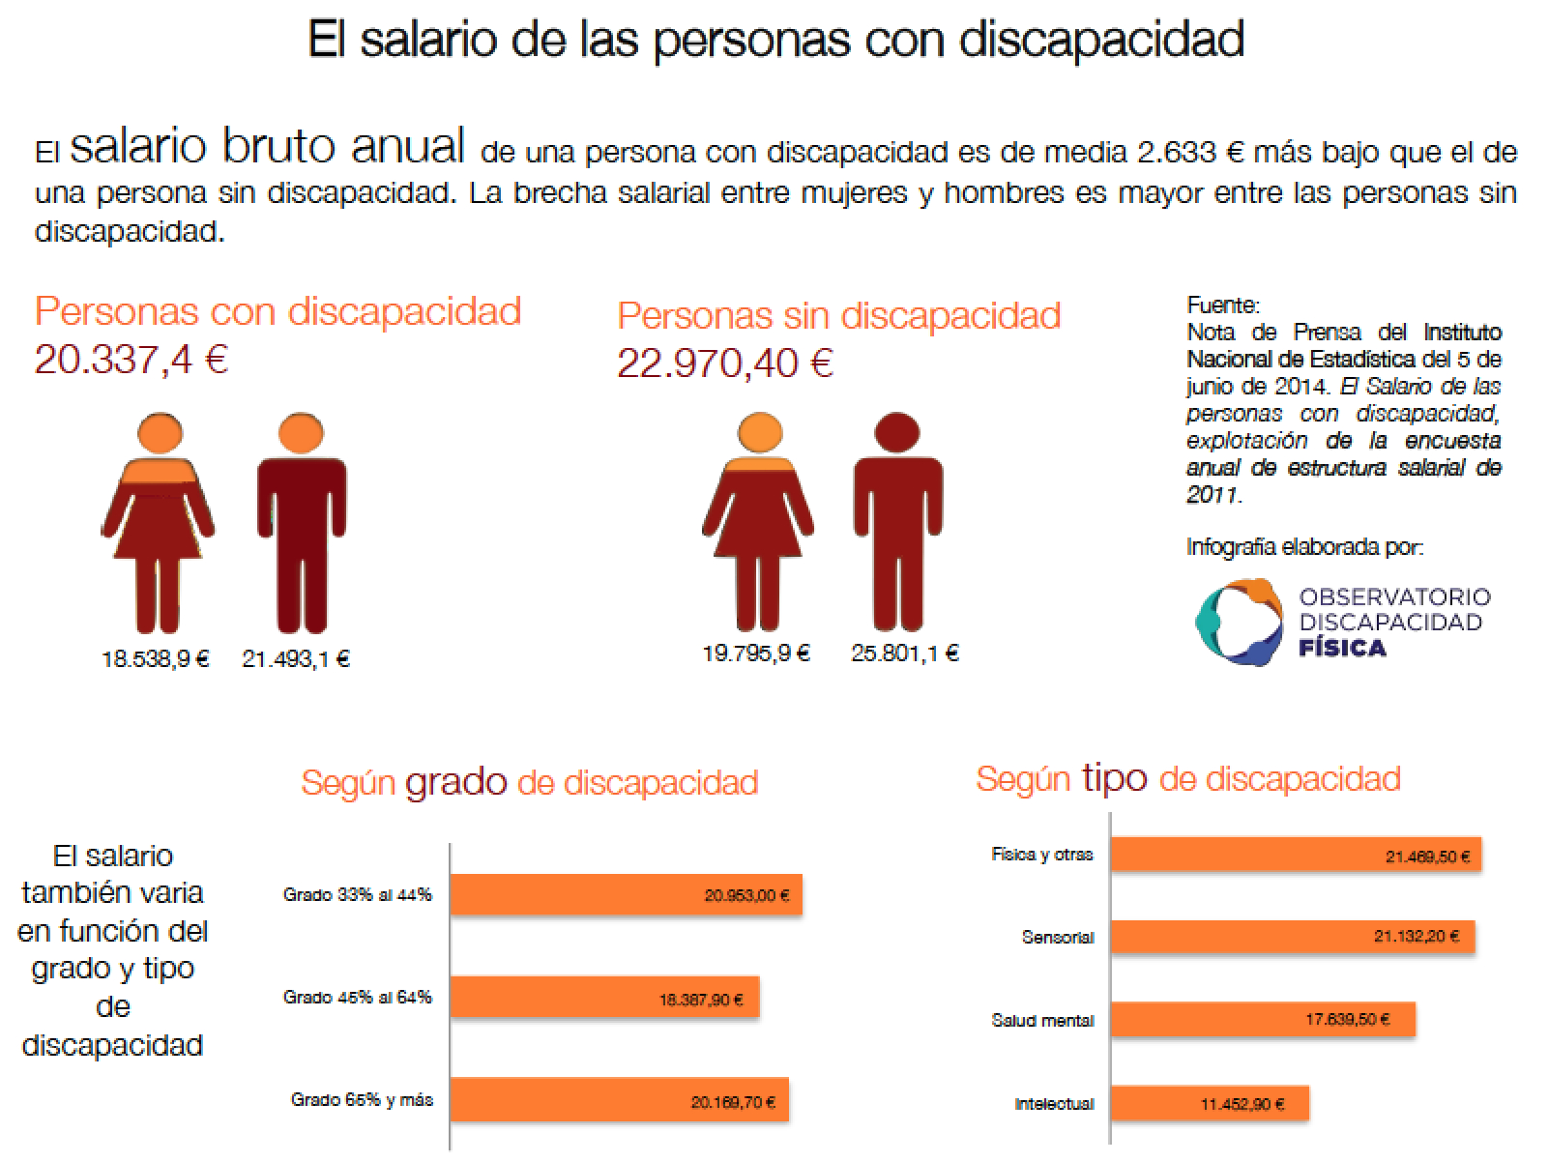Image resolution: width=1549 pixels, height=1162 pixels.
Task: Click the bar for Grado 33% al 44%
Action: point(626,895)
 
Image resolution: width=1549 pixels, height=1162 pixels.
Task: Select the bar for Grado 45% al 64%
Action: point(604,998)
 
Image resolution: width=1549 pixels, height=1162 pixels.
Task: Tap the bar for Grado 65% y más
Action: point(619,1100)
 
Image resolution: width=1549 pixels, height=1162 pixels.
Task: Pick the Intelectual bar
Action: point(1209,1104)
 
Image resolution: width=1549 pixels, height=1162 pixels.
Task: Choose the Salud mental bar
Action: point(1262,1020)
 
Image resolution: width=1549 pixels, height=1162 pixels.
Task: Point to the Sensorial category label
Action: point(1058,938)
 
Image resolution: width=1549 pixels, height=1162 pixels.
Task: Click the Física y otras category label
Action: point(1041,855)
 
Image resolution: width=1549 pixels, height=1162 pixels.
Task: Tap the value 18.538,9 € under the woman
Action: point(156,659)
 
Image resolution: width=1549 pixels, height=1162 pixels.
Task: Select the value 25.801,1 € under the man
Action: point(905,654)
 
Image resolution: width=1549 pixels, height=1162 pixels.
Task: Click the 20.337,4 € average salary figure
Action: point(132,360)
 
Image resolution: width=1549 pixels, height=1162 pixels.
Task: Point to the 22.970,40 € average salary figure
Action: point(725,363)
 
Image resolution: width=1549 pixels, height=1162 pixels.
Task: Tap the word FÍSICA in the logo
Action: point(1342,648)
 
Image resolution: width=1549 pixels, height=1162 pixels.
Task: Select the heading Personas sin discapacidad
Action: point(838,315)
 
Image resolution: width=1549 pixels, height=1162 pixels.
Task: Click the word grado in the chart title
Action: point(455,781)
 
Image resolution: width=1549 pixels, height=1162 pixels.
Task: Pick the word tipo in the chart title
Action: point(1114,777)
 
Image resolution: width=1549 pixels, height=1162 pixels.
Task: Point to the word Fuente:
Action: point(1223,305)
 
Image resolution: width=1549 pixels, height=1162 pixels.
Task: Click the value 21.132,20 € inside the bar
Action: point(1416,937)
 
